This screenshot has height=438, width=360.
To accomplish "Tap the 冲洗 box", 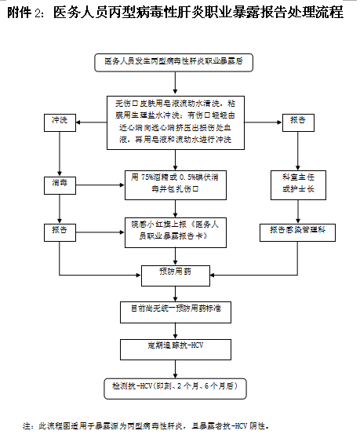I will pyautogui.click(x=59, y=120).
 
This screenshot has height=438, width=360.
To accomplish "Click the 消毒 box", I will pyautogui.click(x=59, y=181).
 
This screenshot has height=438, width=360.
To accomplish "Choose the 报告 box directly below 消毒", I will pyautogui.click(x=59, y=230).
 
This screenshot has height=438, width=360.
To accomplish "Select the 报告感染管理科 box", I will pyautogui.click(x=297, y=230).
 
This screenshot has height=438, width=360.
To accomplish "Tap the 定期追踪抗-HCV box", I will pyautogui.click(x=174, y=346).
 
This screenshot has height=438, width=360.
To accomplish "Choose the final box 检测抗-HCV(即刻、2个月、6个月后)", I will pyautogui.click(x=174, y=386).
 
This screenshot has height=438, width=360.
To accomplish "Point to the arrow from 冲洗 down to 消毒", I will pyautogui.click(x=59, y=151).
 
